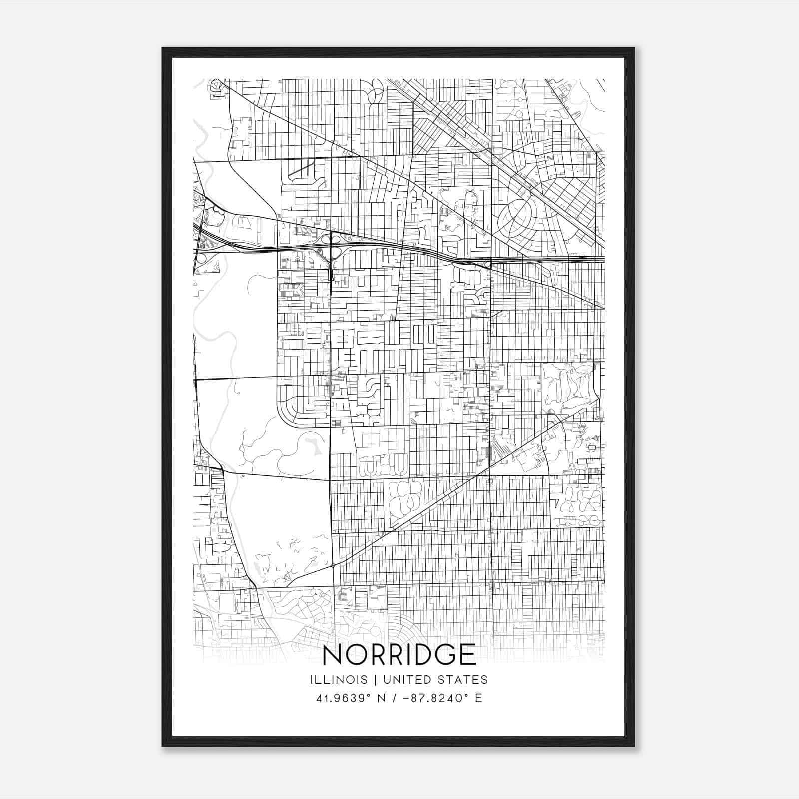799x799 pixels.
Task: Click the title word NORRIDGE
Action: tap(399, 655)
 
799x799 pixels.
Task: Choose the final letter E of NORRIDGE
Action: tap(467, 655)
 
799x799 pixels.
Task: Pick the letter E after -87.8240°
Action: tap(478, 698)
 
